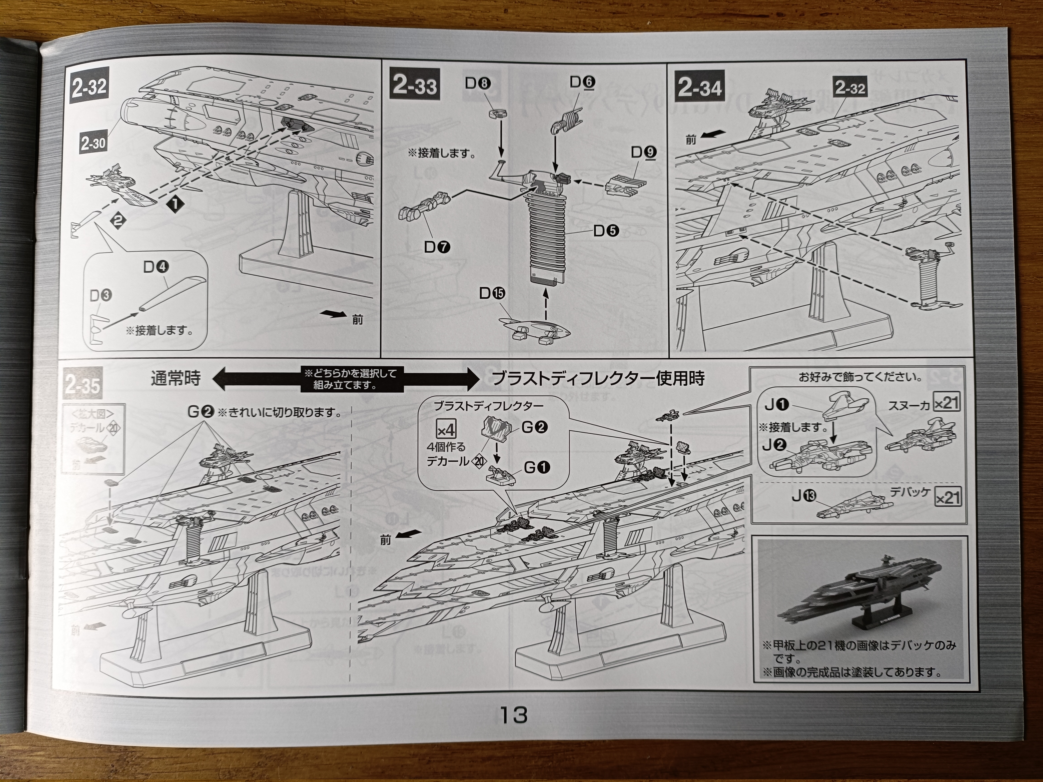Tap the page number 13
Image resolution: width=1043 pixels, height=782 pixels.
click(x=513, y=715)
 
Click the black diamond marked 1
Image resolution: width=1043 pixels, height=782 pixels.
click(x=174, y=204)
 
